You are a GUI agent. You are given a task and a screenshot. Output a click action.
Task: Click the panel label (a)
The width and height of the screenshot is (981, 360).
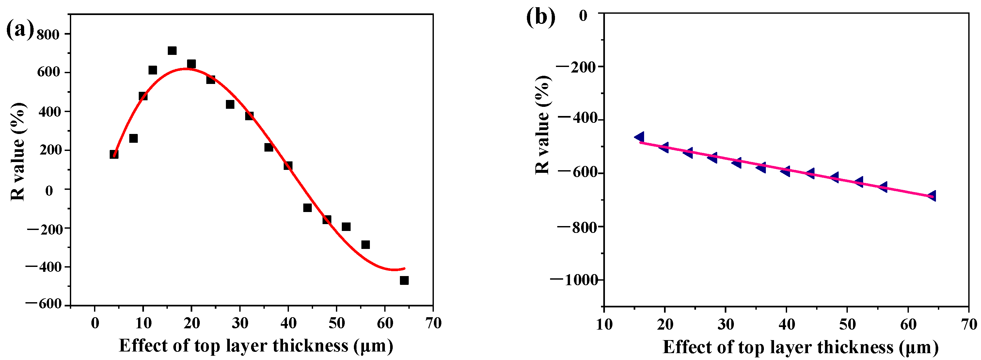[x=20, y=30]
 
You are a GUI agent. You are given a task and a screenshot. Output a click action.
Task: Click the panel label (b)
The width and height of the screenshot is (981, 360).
[x=540, y=17]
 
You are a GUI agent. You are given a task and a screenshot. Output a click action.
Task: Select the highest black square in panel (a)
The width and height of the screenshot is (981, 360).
[x=172, y=51]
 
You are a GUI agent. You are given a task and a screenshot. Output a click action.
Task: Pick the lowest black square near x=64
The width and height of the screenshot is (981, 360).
[x=404, y=280]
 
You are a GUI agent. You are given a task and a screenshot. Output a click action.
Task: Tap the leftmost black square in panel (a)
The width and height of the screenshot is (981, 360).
[x=114, y=154]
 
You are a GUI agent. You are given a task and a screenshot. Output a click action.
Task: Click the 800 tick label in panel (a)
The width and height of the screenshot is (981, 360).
[x=48, y=35]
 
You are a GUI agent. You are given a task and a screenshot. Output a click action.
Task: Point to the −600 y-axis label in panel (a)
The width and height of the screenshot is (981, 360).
[x=43, y=304]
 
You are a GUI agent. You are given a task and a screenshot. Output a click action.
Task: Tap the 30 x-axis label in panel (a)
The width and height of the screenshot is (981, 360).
[x=240, y=323]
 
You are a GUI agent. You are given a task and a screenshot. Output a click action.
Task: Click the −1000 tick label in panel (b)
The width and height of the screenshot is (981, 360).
[x=574, y=280]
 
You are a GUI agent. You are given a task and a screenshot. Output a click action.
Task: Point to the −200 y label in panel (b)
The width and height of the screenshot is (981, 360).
[x=577, y=67]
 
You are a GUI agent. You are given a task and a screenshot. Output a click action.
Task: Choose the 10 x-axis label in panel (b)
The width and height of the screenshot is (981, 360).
[x=604, y=325]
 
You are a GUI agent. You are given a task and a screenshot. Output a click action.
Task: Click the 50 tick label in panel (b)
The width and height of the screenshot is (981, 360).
[x=847, y=325]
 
